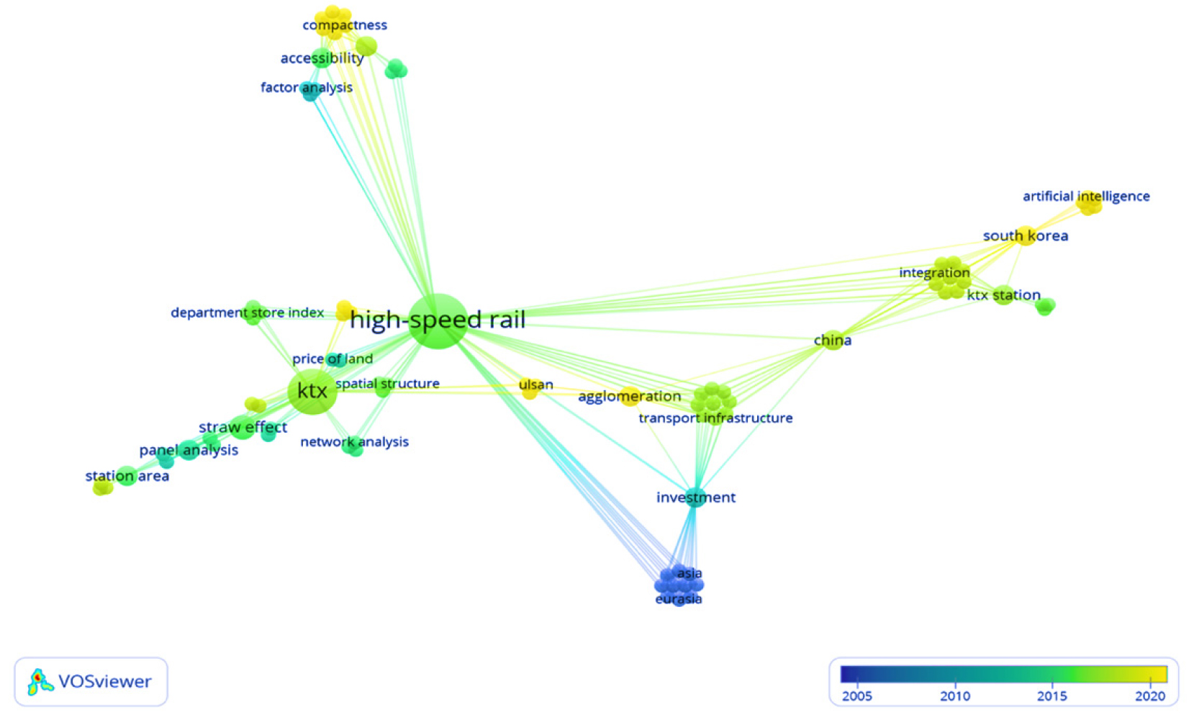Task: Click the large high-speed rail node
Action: [437, 321]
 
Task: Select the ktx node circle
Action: [312, 391]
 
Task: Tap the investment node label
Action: [695, 497]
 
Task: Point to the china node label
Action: [832, 340]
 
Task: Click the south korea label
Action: [1025, 235]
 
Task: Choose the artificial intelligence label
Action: [1085, 196]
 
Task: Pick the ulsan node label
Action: [535, 384]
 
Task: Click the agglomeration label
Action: [629, 396]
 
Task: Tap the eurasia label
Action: [678, 599]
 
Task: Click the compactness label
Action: [344, 25]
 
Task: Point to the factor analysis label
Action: [306, 87]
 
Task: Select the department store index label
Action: [247, 312]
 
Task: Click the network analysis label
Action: [354, 441]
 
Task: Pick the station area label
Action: [127, 476]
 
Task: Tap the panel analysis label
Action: [188, 450]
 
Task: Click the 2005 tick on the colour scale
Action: [856, 695]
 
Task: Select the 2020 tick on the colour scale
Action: [1149, 695]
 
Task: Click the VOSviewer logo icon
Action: [40, 681]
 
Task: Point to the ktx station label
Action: [1003, 294]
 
